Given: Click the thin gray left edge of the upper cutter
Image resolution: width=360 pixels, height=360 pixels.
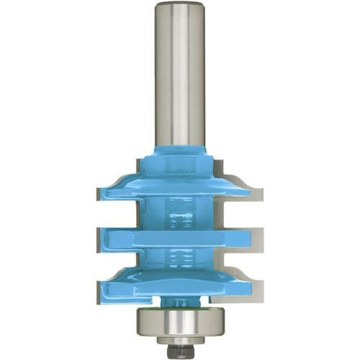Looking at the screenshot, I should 97,193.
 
